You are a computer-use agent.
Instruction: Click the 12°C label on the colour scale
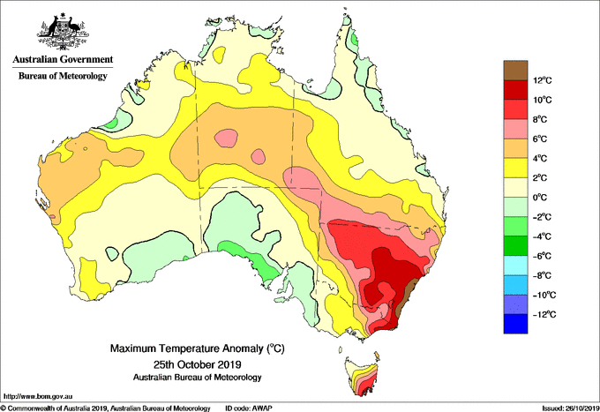coord(543,80)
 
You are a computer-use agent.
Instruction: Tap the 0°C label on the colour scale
coord(540,198)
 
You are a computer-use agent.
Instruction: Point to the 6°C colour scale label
coord(540,139)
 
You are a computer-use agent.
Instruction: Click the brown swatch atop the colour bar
coord(515,70)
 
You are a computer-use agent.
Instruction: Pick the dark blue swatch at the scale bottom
coord(515,324)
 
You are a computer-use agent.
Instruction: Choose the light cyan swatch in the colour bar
coord(515,265)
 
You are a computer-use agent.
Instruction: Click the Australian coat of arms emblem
coord(63,31)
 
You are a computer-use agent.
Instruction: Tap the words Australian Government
coord(63,59)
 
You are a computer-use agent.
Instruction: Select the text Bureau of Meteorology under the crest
coord(63,76)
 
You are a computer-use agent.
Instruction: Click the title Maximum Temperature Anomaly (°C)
coord(198,348)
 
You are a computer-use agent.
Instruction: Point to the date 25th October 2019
coord(198,363)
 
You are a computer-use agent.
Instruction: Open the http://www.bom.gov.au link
coord(37,396)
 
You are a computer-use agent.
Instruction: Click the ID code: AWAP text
coord(249,408)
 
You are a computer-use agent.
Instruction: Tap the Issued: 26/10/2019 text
coord(571,408)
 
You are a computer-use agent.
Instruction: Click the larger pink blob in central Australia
coord(226,138)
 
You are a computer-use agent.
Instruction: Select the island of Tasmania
coord(363,376)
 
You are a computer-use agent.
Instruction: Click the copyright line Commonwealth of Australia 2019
coord(106,408)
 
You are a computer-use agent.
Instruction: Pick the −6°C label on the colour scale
coord(542,256)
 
